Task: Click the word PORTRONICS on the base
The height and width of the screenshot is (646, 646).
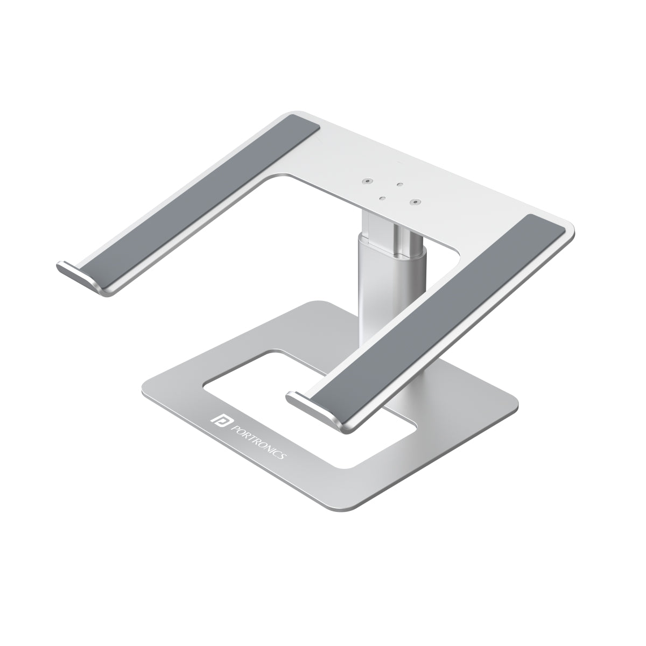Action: (x=259, y=438)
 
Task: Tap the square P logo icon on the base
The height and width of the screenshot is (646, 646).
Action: (x=220, y=418)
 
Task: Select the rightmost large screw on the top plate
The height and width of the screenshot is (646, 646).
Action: (x=415, y=202)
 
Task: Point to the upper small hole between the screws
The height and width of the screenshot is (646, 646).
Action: (x=399, y=185)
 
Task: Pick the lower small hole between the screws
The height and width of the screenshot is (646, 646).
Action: (x=382, y=198)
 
